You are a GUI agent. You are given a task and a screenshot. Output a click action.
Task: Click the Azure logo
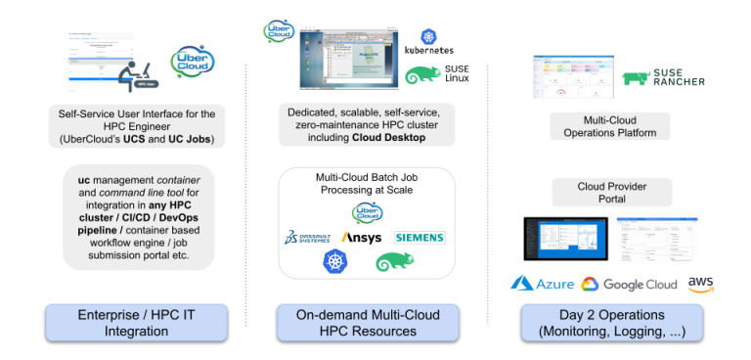pos(541,284)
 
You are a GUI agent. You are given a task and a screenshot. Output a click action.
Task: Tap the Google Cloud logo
pos(629,285)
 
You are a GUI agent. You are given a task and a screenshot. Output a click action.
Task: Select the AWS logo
pos(701,284)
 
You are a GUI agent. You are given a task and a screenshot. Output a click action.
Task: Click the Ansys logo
pos(361,238)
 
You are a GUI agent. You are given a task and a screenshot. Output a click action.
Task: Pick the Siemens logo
pos(419,238)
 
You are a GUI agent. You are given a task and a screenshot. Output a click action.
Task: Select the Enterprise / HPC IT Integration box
pos(136,323)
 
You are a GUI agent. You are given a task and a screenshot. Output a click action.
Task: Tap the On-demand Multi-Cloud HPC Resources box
pos(367,323)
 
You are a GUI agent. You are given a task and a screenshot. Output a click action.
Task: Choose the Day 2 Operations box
pos(612,323)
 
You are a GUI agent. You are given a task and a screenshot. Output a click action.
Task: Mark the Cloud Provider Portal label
pos(611,193)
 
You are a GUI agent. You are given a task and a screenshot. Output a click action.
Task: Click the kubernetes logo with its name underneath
pos(427,41)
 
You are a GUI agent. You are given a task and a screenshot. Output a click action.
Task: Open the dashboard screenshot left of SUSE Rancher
pos(572,77)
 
